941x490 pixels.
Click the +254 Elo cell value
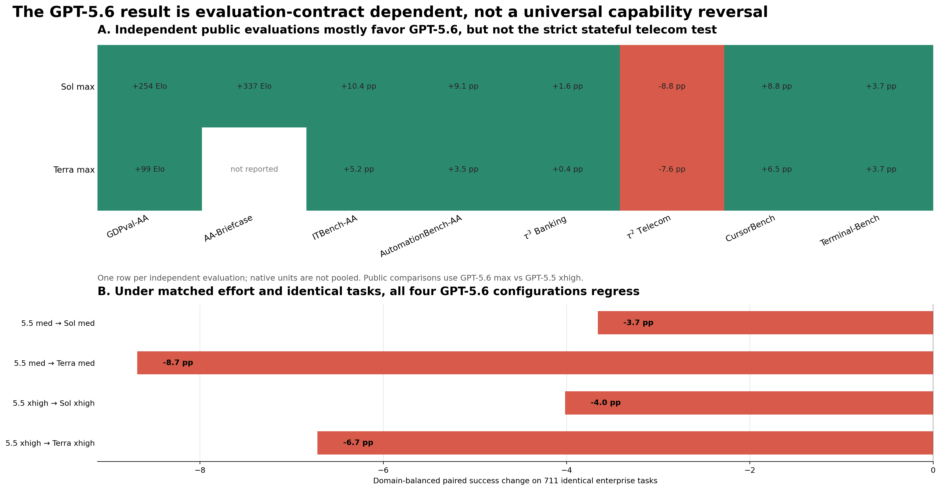(x=149, y=86)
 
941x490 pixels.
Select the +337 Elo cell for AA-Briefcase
(x=254, y=86)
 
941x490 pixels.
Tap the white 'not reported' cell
(x=254, y=169)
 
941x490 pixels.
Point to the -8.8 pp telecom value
(x=672, y=86)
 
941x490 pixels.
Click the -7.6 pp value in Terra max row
(x=672, y=169)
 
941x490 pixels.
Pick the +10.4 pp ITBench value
(x=358, y=86)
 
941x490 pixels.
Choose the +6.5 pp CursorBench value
(x=776, y=169)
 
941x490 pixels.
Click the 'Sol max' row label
(x=78, y=87)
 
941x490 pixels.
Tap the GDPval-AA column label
(x=127, y=227)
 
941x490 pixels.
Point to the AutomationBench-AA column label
(x=421, y=236)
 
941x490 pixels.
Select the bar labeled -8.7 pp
(x=535, y=363)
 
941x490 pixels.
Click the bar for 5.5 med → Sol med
(x=765, y=323)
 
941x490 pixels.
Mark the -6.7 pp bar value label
(x=358, y=443)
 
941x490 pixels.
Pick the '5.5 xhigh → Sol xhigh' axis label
(x=54, y=403)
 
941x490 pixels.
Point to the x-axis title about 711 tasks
(x=515, y=481)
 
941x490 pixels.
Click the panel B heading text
(x=368, y=291)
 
